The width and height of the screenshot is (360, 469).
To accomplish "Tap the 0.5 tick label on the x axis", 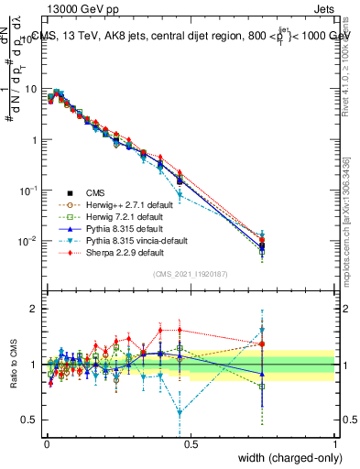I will tap(191, 442).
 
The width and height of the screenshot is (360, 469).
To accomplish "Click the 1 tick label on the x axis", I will tap(334, 442).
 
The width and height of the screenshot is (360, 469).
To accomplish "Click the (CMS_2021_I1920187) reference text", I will tap(191, 274).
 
